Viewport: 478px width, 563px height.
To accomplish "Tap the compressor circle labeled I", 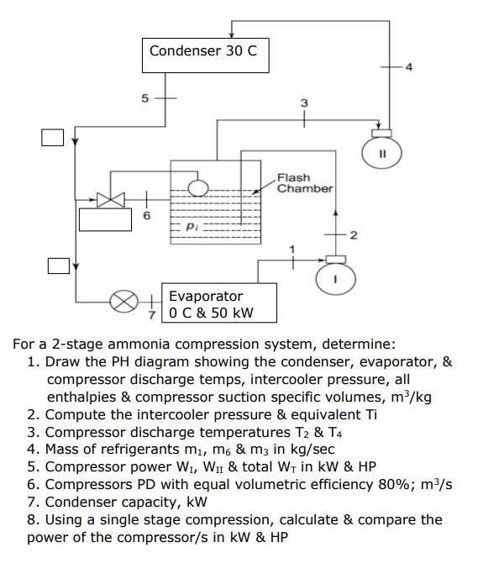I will coord(334,280).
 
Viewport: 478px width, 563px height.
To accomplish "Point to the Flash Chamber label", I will coord(304,183).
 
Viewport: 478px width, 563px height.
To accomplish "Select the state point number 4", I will coord(408,66).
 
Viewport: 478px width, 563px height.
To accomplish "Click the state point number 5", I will coord(144,97).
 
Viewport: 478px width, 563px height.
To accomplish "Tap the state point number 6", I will coord(147,215).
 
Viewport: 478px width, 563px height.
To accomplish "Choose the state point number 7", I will coord(151,314).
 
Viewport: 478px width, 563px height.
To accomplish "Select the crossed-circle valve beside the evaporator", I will coord(124,300).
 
